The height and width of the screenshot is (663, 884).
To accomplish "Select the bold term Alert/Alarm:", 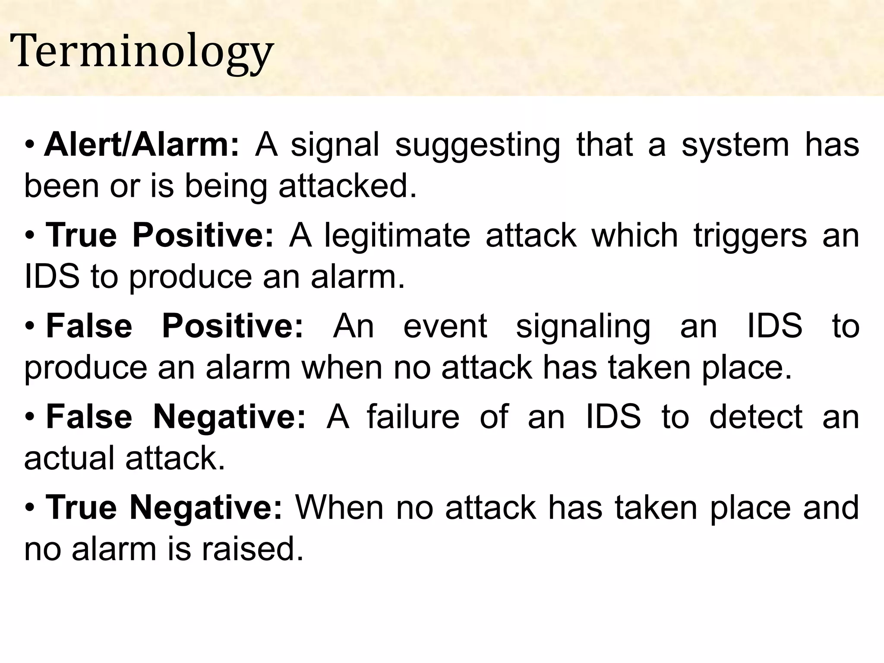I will click(141, 145).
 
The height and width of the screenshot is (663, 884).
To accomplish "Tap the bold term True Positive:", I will click(160, 236).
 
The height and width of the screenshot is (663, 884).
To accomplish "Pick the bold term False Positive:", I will click(175, 326).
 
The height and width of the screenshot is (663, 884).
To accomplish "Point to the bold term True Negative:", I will click(164, 508).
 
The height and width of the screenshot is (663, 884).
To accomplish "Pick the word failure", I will click(413, 417).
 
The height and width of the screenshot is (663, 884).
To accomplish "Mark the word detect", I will click(756, 417).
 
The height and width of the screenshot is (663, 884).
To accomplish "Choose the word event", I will click(445, 326).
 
